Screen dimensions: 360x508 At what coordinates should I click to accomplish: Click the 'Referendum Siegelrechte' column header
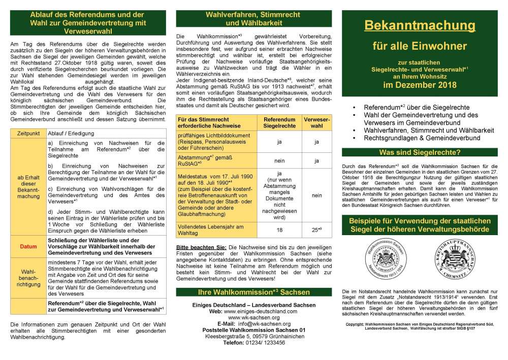click(x=279, y=121)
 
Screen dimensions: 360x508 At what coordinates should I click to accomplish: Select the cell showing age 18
click(x=279, y=230)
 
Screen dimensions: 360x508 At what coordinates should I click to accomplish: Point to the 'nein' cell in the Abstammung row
click(x=279, y=161)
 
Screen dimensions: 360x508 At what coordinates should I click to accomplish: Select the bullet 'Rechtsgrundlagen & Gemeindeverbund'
click(x=419, y=138)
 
